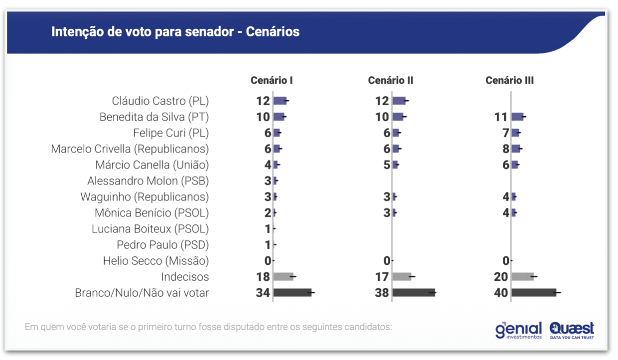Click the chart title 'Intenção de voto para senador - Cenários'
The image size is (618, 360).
(175, 32)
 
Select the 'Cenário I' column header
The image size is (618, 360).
(272, 80)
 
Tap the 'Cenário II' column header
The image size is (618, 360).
(391, 80)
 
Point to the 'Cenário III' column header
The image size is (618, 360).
(510, 80)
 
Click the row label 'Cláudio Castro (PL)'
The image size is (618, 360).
(160, 101)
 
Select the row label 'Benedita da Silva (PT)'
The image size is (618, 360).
(154, 117)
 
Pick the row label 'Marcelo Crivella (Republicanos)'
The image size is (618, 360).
(130, 149)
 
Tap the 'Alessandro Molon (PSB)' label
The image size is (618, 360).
(148, 180)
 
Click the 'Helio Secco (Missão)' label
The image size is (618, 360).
(156, 261)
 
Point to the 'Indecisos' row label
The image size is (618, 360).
(185, 277)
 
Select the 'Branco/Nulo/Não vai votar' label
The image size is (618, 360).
(142, 293)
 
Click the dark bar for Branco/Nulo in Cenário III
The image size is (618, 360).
(533, 293)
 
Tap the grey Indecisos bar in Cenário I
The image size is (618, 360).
(283, 277)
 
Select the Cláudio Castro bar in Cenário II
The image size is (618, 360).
(399, 101)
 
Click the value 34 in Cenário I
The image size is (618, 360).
(263, 293)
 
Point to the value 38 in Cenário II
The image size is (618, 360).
(382, 293)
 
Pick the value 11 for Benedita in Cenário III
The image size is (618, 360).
(501, 117)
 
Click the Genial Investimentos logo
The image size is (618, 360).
(518, 330)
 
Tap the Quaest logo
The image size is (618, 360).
(572, 330)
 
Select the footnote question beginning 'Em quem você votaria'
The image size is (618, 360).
(208, 328)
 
